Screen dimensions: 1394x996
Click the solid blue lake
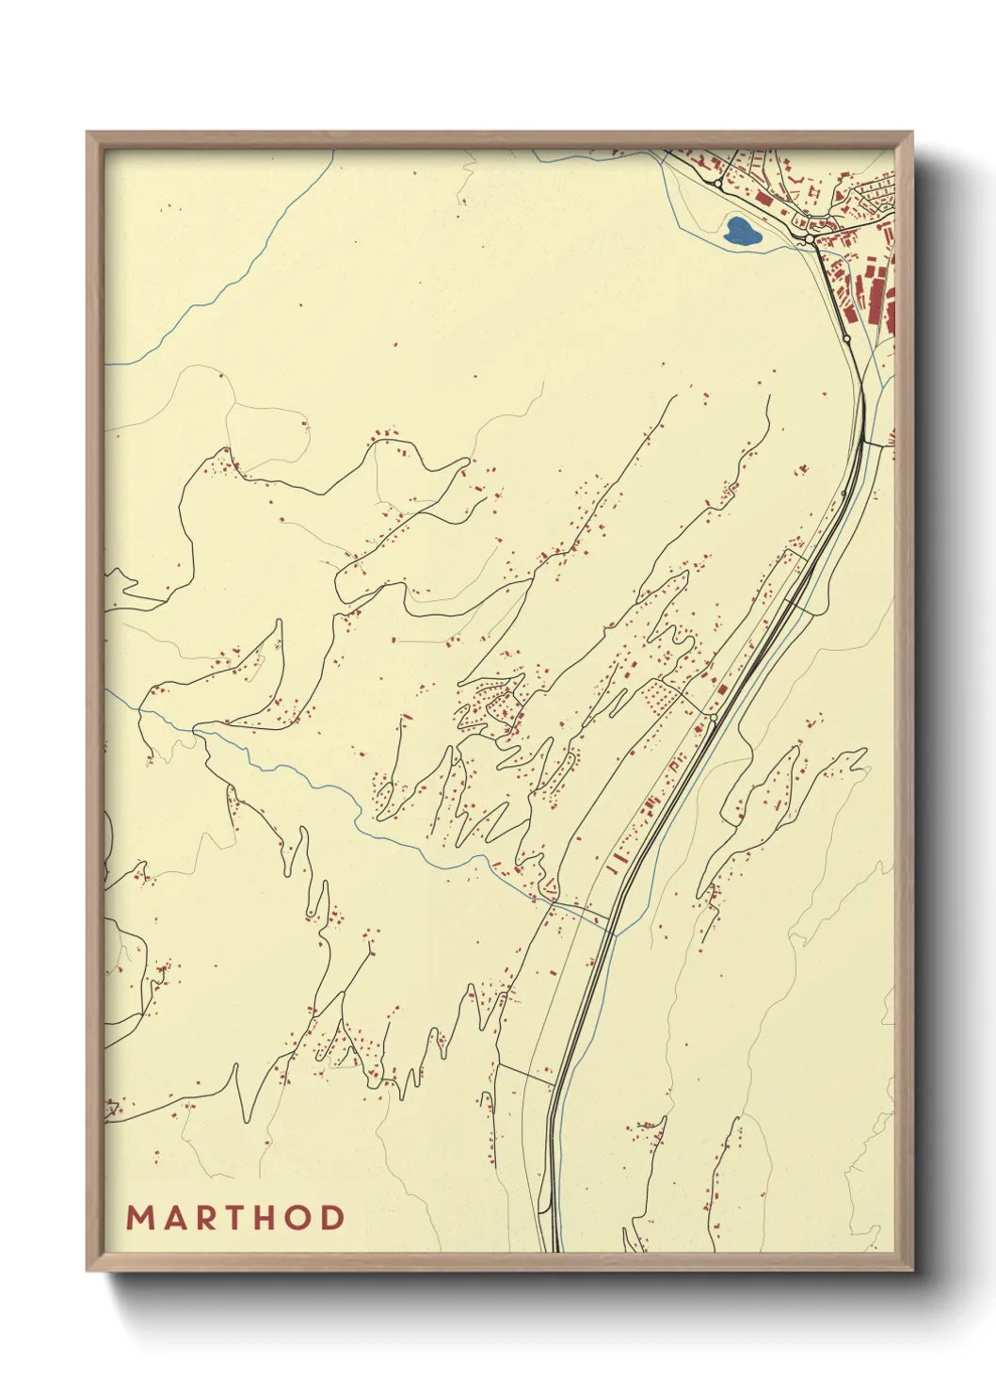741,231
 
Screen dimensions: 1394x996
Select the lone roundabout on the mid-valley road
714,719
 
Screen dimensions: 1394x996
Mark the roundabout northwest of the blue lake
719,184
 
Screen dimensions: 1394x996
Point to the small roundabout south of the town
846,337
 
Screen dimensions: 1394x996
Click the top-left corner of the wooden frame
88,133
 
